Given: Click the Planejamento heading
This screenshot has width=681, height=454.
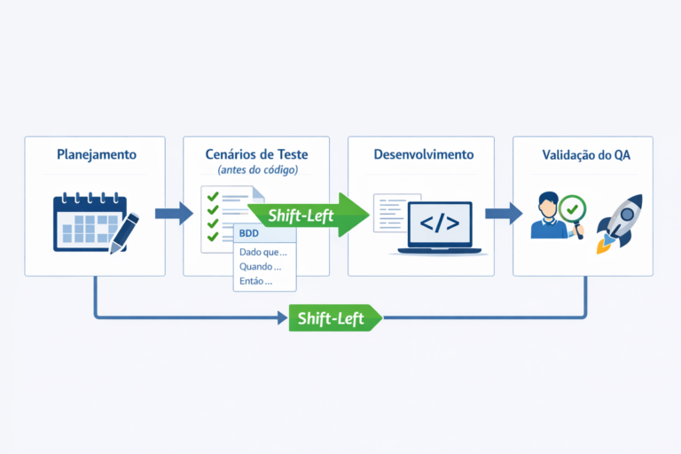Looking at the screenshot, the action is pyautogui.click(x=97, y=154).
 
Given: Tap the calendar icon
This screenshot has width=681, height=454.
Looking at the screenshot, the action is pyautogui.click(x=90, y=222).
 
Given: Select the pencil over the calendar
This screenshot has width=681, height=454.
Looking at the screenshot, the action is pyautogui.click(x=124, y=233).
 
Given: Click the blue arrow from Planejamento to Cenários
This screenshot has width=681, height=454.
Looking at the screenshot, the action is pyautogui.click(x=174, y=214).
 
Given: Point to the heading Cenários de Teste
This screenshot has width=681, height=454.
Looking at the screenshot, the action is pyautogui.click(x=256, y=154).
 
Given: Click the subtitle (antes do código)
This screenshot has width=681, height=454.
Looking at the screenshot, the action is pyautogui.click(x=257, y=169).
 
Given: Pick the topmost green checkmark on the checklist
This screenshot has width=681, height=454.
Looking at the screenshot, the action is pyautogui.click(x=213, y=196).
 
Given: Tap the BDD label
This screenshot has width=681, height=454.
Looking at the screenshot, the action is pyautogui.click(x=249, y=233).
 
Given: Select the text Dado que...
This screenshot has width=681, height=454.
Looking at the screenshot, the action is pyautogui.click(x=262, y=252).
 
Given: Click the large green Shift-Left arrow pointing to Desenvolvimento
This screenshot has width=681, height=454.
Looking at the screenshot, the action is pyautogui.click(x=309, y=215).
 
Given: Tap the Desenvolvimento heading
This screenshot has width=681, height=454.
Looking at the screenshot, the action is pyautogui.click(x=424, y=154).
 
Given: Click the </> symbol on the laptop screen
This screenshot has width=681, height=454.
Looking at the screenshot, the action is pyautogui.click(x=440, y=223).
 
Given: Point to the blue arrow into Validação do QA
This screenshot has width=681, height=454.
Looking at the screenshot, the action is pyautogui.click(x=504, y=214).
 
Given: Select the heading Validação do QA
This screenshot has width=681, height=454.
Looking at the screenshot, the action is pyautogui.click(x=586, y=155).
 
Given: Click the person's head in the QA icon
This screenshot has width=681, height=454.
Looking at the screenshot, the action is pyautogui.click(x=548, y=205).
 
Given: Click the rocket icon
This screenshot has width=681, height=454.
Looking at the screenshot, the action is pyautogui.click(x=619, y=223).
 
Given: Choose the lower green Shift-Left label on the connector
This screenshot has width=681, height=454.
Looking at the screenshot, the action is pyautogui.click(x=335, y=318).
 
